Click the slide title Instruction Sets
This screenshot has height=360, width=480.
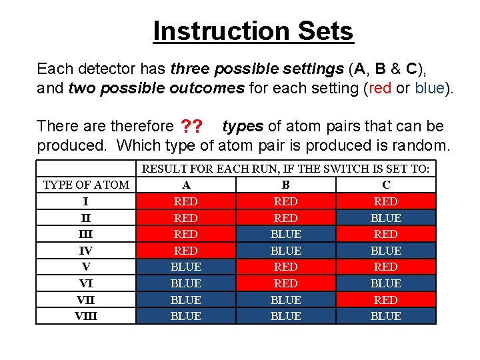(253, 31)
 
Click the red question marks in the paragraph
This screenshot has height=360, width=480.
(192, 127)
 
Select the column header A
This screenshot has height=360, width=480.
(185, 185)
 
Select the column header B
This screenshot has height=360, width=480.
(285, 185)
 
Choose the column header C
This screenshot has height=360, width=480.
(386, 185)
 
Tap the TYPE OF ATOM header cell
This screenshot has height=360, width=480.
(86, 185)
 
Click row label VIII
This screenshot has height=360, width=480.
(86, 316)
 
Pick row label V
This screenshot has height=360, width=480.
(86, 267)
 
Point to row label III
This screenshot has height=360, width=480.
(86, 234)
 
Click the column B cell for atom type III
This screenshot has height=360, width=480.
(285, 234)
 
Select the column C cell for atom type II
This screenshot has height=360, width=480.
(386, 218)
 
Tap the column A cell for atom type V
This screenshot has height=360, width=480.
(185, 267)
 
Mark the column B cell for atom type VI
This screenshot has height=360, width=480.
(285, 283)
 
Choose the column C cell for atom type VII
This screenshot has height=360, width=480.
(386, 300)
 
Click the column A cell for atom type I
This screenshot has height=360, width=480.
(185, 201)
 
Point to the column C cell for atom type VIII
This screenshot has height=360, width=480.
(386, 316)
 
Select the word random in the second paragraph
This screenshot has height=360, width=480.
(424, 145)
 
